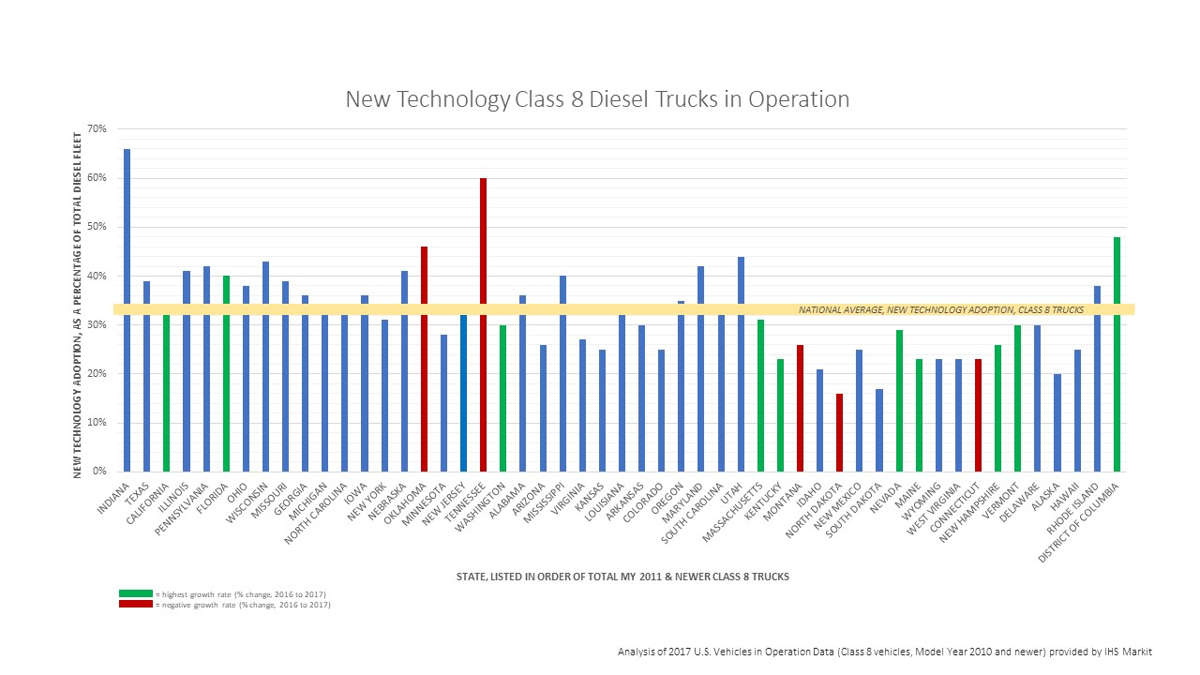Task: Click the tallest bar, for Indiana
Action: click(x=127, y=309)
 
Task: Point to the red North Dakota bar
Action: click(x=839, y=432)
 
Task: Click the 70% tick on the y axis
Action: click(x=99, y=128)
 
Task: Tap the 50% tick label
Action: click(x=99, y=227)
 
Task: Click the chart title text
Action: click(x=597, y=99)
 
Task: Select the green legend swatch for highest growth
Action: click(x=135, y=593)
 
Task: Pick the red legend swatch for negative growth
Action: click(x=135, y=605)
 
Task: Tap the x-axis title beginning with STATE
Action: click(x=622, y=577)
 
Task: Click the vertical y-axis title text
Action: click(x=78, y=305)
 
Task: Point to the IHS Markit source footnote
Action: click(x=884, y=651)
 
